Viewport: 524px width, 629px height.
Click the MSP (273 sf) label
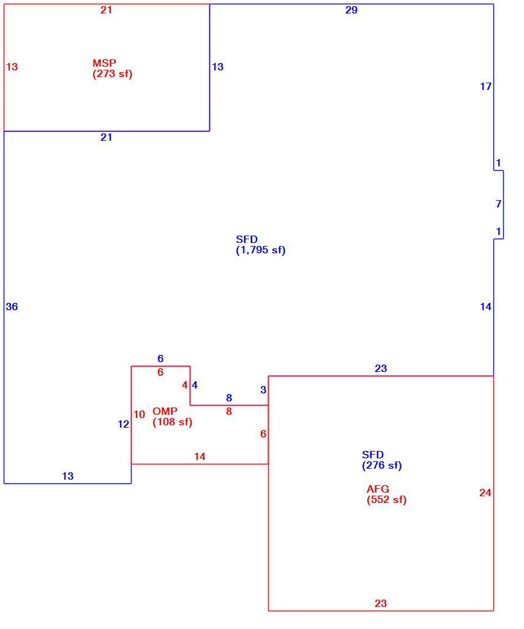tap(113, 69)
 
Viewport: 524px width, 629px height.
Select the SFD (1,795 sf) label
tap(261, 245)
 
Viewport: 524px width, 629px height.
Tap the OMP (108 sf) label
tap(173, 417)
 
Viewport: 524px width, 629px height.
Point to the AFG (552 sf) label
tap(386, 494)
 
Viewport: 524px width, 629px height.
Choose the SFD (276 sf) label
tap(381, 460)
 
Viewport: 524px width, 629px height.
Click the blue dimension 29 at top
tap(351, 10)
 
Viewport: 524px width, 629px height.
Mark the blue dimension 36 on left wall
tap(12, 307)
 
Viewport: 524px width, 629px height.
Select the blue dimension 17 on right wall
tap(485, 86)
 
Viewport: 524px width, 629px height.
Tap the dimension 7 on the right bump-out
tap(499, 204)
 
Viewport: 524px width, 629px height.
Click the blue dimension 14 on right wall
tap(485, 307)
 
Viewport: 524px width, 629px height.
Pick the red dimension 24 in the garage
tap(485, 493)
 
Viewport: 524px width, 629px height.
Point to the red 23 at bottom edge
tap(381, 603)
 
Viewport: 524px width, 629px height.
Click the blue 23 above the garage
tap(381, 368)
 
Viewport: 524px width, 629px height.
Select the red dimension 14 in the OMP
tap(200, 456)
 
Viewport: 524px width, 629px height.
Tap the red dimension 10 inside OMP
tap(139, 414)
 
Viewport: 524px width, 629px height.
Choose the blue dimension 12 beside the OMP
tap(123, 424)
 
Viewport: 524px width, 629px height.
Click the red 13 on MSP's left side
tap(12, 67)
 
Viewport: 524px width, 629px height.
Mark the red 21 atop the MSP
tap(107, 10)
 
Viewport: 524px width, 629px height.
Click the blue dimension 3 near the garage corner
tap(263, 390)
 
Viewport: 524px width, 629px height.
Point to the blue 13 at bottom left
tap(68, 476)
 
